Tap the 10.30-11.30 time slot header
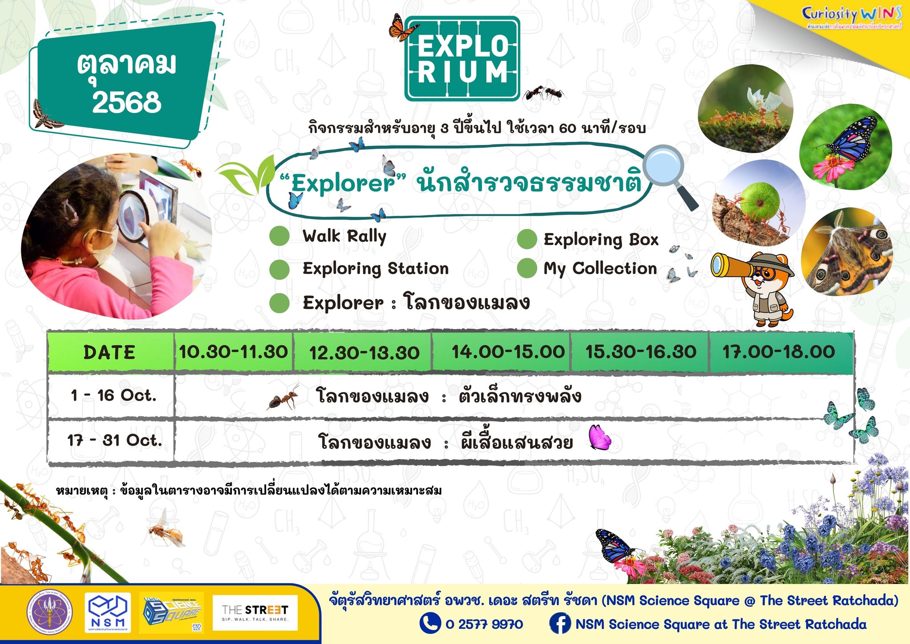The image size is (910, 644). pos(233,352)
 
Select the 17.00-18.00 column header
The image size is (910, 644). pos(778,352)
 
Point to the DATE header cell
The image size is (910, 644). pos(109,352)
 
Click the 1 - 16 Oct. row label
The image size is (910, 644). pos(114,395)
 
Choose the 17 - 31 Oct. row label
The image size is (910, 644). pos(115,441)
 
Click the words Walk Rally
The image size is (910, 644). pos(344,236)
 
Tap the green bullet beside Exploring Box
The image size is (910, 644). pos(527,239)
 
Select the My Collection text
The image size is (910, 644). pos(600,269)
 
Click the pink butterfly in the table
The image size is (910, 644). pos(599,437)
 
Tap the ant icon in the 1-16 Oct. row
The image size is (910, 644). pos(283,397)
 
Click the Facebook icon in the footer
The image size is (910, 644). pos(559,623)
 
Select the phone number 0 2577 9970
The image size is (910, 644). pos(484,624)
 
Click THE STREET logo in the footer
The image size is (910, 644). pos(255,612)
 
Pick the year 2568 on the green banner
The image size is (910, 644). pos(127,102)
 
